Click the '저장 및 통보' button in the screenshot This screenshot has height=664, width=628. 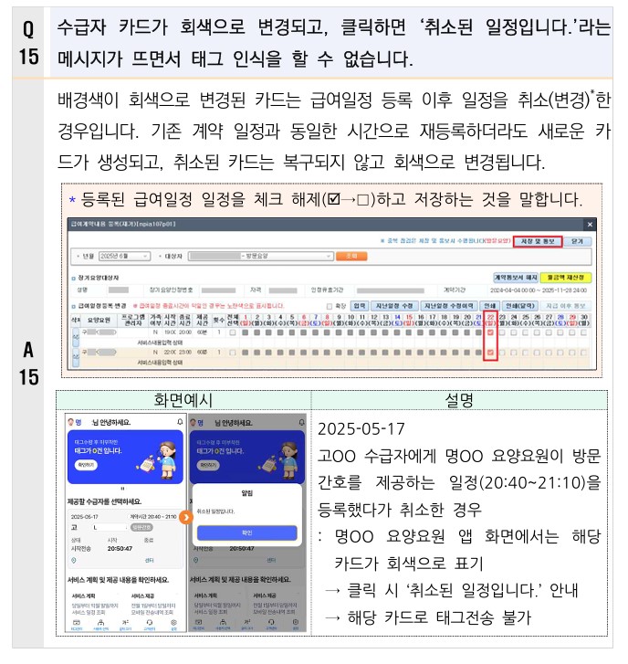click(x=536, y=241)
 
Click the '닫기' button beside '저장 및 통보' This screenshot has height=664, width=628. click(x=577, y=241)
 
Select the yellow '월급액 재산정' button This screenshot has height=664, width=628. click(x=566, y=276)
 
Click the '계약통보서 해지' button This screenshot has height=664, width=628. click(x=515, y=276)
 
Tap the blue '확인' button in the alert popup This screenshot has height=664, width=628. click(x=247, y=532)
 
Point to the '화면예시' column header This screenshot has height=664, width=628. click(x=183, y=399)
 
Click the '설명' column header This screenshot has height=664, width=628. click(x=459, y=399)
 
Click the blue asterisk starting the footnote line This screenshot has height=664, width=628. click(x=73, y=199)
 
